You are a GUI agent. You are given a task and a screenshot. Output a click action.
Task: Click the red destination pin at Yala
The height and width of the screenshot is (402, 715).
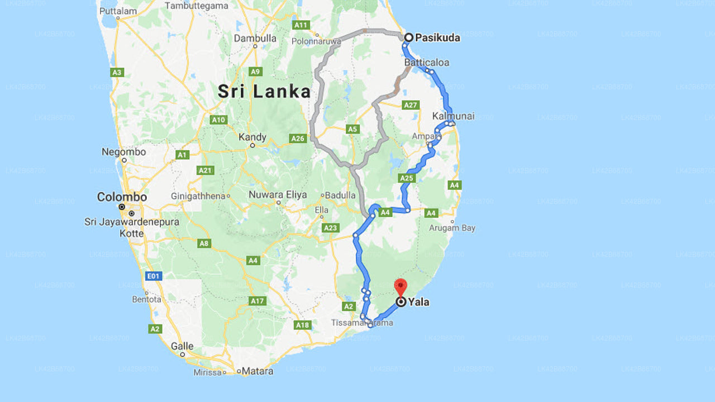(401, 287)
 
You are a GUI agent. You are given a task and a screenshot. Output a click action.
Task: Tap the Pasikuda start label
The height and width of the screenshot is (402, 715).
(437, 37)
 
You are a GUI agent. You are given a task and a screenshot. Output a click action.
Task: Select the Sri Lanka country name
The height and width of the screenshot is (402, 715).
(264, 92)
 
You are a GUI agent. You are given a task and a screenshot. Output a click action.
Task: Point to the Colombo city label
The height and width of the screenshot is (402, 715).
(122, 197)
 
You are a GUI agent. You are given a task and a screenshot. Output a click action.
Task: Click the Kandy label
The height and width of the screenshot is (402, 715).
(252, 137)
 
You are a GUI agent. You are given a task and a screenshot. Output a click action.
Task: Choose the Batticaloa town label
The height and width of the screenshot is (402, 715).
(426, 62)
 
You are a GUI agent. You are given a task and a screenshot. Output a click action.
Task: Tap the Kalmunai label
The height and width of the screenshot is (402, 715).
(453, 116)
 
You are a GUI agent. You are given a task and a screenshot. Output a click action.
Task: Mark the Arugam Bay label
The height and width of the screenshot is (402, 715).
(452, 228)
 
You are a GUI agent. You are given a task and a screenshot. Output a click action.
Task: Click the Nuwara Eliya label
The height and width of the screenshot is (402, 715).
(278, 195)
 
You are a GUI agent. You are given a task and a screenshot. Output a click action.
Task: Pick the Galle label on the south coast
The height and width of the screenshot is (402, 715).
(182, 346)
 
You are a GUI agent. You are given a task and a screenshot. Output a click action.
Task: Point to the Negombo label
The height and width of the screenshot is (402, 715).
(123, 152)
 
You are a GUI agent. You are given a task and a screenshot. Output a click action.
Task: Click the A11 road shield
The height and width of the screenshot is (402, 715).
(301, 25)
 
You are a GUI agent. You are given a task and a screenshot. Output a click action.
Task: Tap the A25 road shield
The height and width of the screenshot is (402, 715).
(407, 178)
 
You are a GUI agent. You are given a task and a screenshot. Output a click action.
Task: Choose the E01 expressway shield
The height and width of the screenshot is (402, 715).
(153, 276)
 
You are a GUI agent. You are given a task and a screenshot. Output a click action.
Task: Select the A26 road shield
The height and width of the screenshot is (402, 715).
(298, 138)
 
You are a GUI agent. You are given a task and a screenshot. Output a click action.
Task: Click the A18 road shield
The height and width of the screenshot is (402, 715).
(302, 325)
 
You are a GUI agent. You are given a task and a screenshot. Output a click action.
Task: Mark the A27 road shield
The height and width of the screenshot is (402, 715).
(411, 105)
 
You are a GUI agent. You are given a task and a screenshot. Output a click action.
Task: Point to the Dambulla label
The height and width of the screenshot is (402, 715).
(255, 39)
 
